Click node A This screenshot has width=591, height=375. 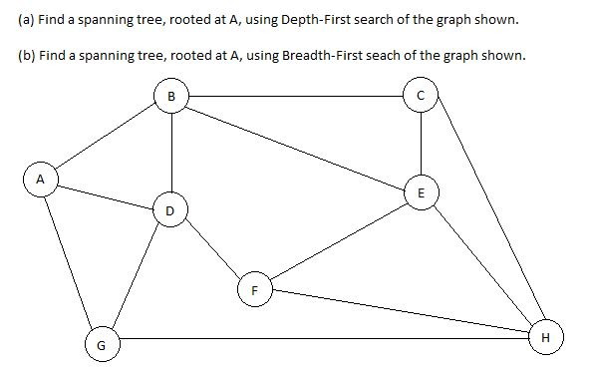click(39, 180)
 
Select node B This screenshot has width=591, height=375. click(172, 96)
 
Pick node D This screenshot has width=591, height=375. click(170, 210)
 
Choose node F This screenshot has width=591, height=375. click(254, 290)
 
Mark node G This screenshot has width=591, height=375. click(98, 346)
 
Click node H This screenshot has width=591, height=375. click(543, 337)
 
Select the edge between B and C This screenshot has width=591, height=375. click(296, 97)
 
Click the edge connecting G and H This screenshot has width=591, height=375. click(319, 339)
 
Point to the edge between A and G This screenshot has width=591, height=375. click(68, 261)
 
